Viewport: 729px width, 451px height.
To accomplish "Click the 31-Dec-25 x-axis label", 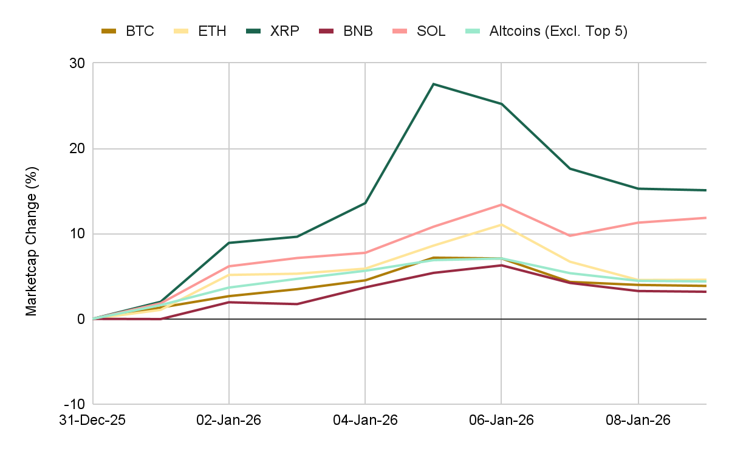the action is [93, 421].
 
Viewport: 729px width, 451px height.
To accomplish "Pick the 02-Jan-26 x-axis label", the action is [229, 421].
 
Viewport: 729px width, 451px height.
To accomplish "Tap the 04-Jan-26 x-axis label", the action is [365, 421].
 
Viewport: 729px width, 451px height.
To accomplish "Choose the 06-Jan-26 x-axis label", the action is [501, 421].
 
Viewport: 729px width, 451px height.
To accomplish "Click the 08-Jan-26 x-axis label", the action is [638, 421].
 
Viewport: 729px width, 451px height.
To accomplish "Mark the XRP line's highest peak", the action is [433, 84].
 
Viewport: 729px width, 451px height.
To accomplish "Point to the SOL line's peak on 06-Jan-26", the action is [501, 204].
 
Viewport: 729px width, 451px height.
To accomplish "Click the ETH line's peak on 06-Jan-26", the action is [501, 224].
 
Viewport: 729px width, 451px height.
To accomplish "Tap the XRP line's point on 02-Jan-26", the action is [229, 243].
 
